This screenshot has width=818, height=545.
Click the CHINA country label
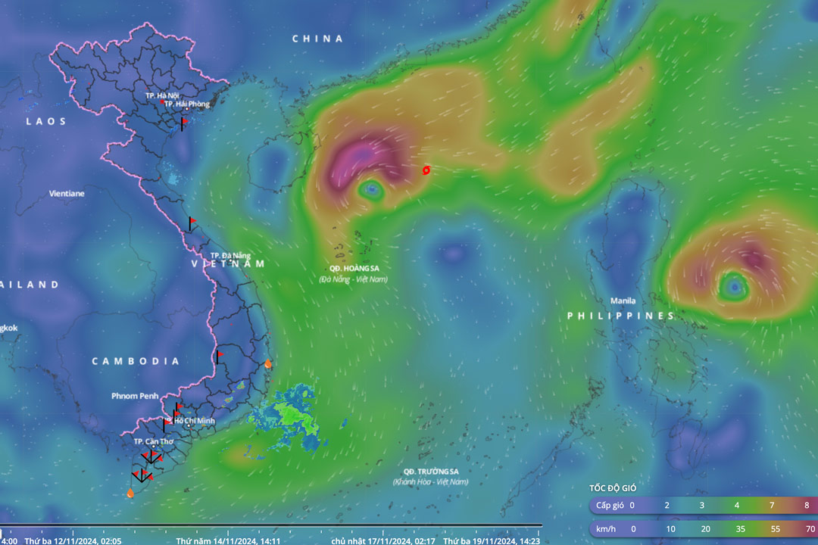pos(317,39)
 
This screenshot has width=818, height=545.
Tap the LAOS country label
pos(46,121)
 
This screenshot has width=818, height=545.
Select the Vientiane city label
pos(67,194)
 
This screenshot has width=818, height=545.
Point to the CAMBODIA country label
pos(136,361)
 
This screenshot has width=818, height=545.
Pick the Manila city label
pos(623,301)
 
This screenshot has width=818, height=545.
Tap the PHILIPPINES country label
pos(620,316)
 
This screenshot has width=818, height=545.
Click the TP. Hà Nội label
pos(161,95)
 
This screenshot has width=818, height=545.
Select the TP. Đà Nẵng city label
pos(230,255)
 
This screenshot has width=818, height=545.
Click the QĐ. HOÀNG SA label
pos(353,269)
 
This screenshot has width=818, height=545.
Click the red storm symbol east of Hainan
pos(426,170)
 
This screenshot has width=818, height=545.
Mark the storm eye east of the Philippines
pos(732,285)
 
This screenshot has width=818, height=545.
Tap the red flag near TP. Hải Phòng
pos(183,122)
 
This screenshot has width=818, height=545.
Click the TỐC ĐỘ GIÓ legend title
pos(616,488)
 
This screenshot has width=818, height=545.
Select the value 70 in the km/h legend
pos(810,529)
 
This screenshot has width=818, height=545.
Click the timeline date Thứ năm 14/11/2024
pos(228,541)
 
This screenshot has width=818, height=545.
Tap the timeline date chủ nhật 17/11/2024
pos(382,541)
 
